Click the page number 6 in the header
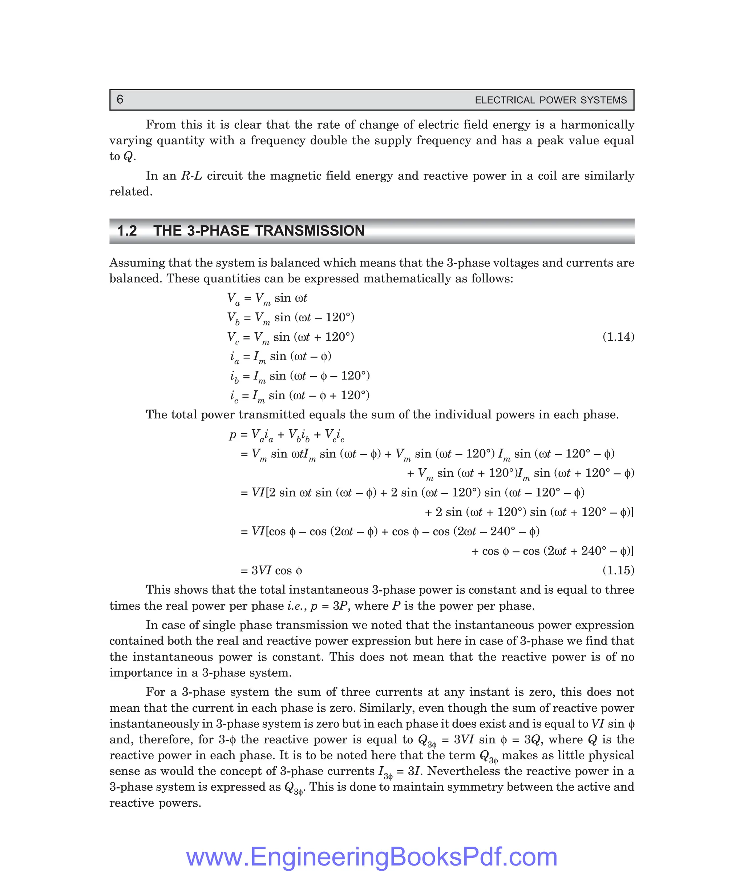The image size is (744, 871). [x=120, y=100]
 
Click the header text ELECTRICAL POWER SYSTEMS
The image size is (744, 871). [x=550, y=100]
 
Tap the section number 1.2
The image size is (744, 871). [x=127, y=231]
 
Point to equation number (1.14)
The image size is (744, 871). [x=618, y=337]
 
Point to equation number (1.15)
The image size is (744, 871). [x=618, y=570]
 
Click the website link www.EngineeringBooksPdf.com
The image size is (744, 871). [x=372, y=856]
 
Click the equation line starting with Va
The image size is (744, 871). [x=267, y=298]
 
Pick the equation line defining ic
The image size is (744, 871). [x=300, y=396]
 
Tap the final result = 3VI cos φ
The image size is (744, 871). [x=271, y=571]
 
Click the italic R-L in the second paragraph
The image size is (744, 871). [x=191, y=176]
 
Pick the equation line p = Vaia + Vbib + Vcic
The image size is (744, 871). [x=287, y=435]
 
